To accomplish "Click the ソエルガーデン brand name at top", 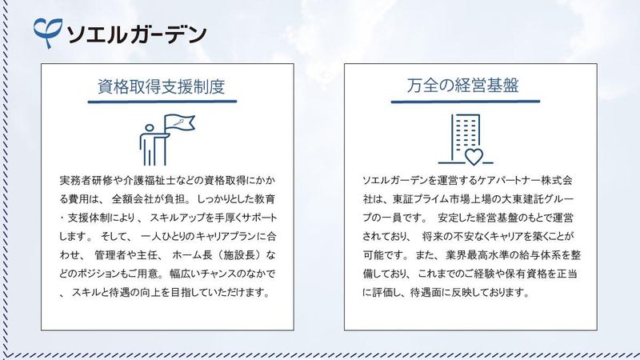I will pos(136,34).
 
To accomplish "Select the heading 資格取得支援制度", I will pos(161,86).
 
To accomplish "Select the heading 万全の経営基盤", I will pos(466,86).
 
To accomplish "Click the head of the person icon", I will pos(151,129).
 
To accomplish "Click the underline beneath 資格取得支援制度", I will pos(161,102).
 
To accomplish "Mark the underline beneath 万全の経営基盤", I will pos(466,102).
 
